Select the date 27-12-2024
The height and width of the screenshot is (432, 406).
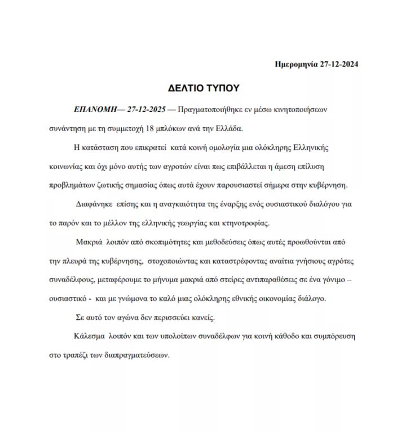point(338,64)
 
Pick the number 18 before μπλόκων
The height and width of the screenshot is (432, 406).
point(150,128)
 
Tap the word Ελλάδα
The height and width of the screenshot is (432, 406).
point(227,128)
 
